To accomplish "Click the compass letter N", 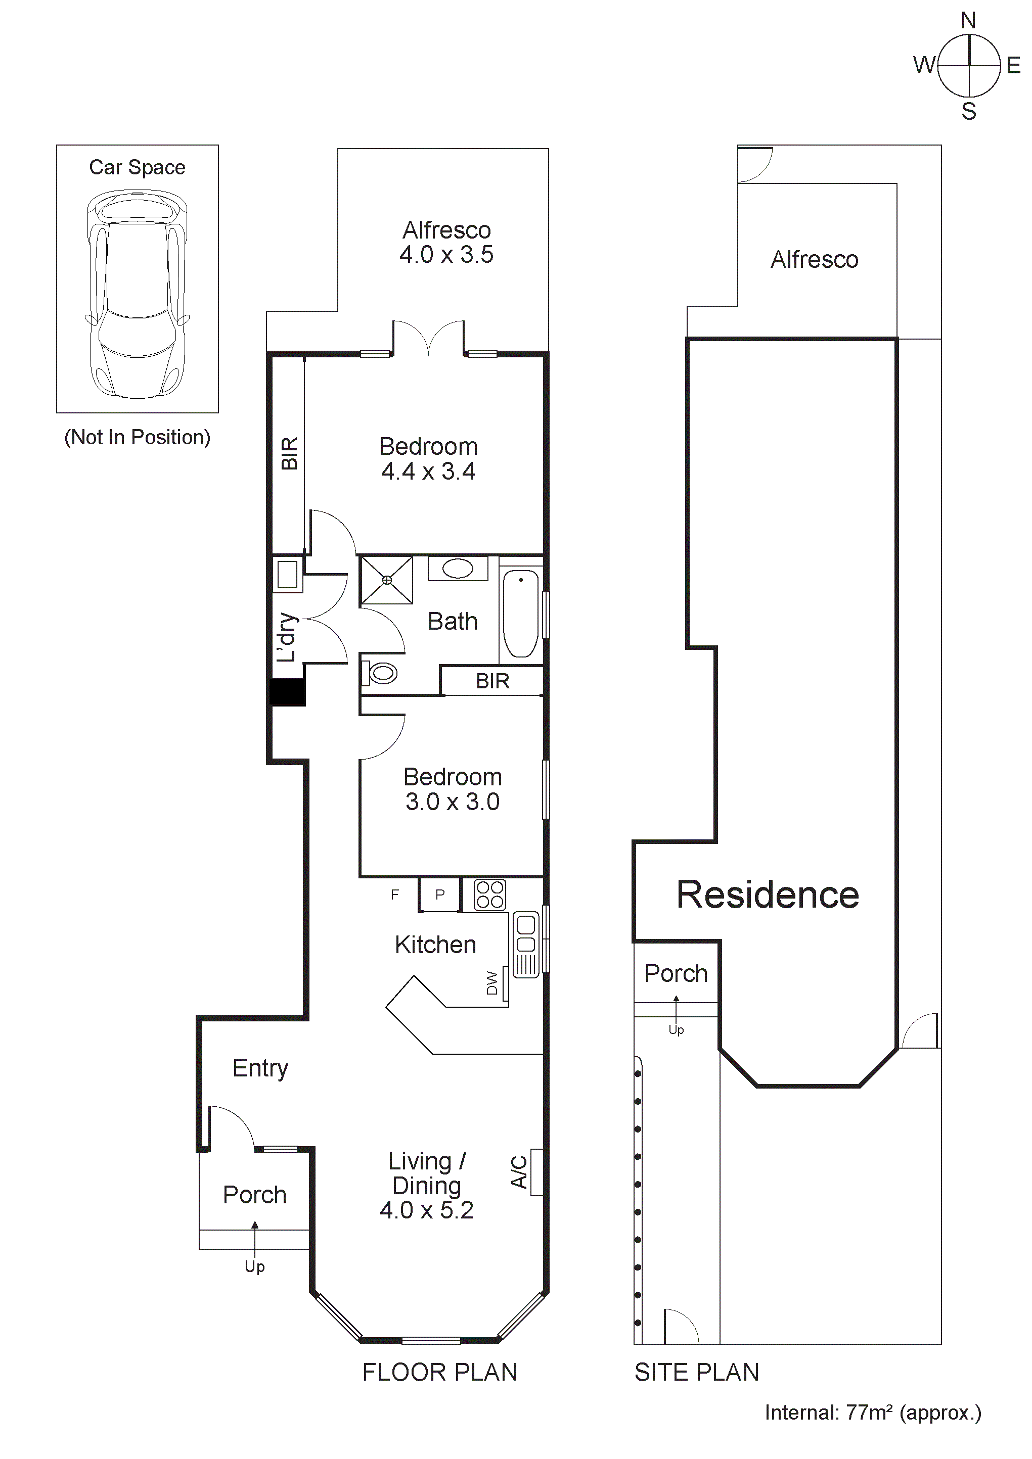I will click(x=968, y=21).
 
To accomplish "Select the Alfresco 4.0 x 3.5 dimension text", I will click(x=446, y=255).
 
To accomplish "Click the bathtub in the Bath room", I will click(x=521, y=613).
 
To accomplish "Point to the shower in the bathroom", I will click(x=387, y=580).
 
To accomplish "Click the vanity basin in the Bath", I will click(x=458, y=568).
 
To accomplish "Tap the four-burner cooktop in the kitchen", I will click(x=489, y=894).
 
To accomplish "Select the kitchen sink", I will click(x=526, y=945).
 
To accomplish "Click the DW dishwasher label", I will click(x=492, y=982).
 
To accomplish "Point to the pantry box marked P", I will click(x=440, y=895).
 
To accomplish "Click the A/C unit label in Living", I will click(x=519, y=1172).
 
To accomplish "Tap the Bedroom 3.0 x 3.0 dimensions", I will click(x=453, y=802).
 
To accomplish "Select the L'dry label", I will click(x=287, y=637).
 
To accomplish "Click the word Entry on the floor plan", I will click(x=260, y=1068).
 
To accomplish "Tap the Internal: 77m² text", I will click(x=872, y=1412).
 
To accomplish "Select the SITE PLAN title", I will click(x=696, y=1373).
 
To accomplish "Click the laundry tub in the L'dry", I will click(x=287, y=575).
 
